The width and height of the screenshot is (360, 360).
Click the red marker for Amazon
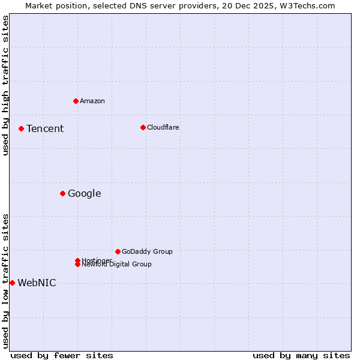click(76, 101)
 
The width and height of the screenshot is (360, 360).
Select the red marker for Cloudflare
click(143, 127)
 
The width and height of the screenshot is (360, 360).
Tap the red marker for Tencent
click(21, 128)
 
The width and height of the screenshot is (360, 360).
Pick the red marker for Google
click(62, 193)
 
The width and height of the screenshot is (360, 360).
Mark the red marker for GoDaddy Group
click(118, 251)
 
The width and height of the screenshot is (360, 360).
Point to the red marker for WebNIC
click(12, 283)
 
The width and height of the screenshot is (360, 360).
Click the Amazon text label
click(92, 101)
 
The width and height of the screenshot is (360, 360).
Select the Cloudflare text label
click(163, 127)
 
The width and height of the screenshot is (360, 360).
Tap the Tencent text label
click(45, 129)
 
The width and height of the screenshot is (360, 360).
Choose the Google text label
click(84, 194)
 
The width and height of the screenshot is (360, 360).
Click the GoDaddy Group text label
click(147, 251)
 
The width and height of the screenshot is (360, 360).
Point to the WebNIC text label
click(37, 283)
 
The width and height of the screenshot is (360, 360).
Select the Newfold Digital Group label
click(117, 265)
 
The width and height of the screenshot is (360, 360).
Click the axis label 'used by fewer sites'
click(62, 355)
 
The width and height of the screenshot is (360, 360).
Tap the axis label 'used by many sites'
click(301, 355)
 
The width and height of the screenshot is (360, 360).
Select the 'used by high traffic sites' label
click(5, 86)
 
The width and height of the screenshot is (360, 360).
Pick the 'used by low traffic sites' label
click(5, 280)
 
